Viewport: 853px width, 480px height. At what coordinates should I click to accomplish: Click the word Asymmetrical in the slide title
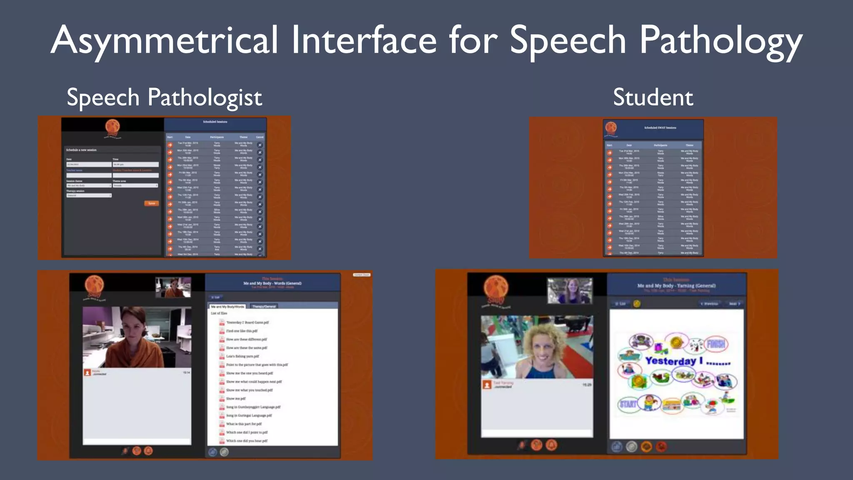(164, 40)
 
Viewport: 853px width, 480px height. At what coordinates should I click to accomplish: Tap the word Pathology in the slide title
(721, 40)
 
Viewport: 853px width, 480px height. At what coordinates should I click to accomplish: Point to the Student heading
(653, 97)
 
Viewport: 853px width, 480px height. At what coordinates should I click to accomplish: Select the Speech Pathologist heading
(164, 97)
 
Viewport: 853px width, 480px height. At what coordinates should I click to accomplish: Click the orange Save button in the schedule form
(152, 203)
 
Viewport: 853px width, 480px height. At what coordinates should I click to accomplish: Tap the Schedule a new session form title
(81, 150)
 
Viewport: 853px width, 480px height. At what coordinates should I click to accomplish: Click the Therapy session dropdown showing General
(89, 195)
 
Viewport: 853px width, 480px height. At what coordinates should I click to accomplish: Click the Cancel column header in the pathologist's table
(259, 137)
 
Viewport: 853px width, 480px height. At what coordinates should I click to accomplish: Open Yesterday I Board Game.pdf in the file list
(247, 322)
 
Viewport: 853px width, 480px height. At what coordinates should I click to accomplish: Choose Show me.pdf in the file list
(236, 399)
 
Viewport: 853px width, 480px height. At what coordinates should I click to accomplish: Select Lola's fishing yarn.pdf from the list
(242, 356)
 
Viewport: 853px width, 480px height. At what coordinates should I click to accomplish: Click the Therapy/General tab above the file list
(264, 307)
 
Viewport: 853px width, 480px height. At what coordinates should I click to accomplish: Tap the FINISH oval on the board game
(716, 344)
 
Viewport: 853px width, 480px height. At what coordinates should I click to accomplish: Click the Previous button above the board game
(709, 304)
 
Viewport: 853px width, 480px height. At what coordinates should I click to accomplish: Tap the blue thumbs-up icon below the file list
(213, 452)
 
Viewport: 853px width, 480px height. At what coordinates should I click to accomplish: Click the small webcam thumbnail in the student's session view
(569, 291)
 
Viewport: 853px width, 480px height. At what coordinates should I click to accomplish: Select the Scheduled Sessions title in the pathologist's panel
(215, 122)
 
